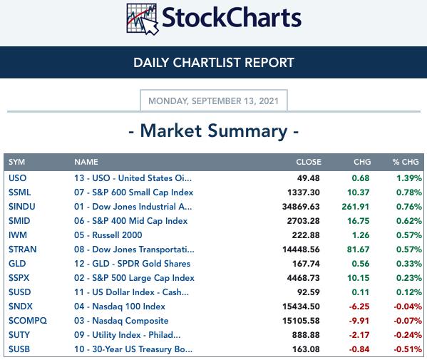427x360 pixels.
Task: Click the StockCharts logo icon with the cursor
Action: click(x=142, y=19)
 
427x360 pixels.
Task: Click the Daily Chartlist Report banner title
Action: click(x=214, y=63)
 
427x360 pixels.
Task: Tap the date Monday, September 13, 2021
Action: click(x=214, y=101)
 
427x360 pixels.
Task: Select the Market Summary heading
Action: click(x=214, y=131)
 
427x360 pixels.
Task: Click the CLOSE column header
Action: click(x=309, y=162)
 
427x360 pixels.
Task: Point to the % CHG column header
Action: click(x=406, y=162)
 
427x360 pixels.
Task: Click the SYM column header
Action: click(x=16, y=162)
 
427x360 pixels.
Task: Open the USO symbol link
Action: click(x=17, y=178)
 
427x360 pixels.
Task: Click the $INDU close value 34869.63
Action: click(x=301, y=207)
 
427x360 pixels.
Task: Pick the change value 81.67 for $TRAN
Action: click(x=358, y=250)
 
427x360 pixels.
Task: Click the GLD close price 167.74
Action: click(x=306, y=264)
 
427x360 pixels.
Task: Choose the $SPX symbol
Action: click(x=19, y=278)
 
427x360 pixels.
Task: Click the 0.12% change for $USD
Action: click(x=409, y=292)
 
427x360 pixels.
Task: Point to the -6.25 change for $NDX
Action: click(x=359, y=307)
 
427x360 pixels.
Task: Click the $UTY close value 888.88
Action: click(x=306, y=335)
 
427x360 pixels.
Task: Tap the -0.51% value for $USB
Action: click(x=408, y=349)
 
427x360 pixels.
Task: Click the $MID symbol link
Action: click(x=19, y=221)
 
